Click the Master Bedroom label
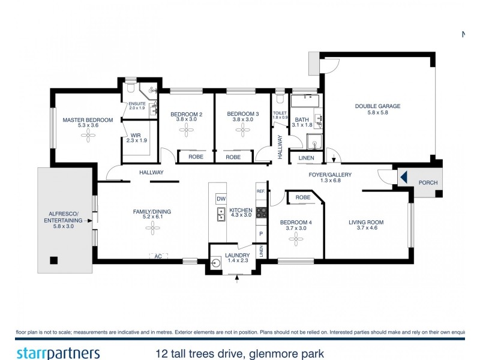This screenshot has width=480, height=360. click(88, 120)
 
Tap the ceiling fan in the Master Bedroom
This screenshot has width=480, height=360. click(88, 136)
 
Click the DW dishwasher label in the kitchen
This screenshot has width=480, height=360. click(221, 199)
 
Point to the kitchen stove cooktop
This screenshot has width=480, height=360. click(262, 212)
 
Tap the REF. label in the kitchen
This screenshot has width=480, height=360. click(260, 191)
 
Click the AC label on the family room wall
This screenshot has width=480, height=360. click(158, 256)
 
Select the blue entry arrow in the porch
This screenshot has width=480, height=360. click(404, 178)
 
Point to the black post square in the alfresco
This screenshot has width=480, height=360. click(54, 260)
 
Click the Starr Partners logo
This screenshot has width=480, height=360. click(58, 353)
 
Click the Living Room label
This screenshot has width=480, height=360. click(366, 223)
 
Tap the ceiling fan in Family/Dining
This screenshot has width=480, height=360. click(154, 227)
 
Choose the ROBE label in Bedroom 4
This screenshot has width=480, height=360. click(303, 197)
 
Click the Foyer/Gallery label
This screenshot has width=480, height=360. click(330, 175)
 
